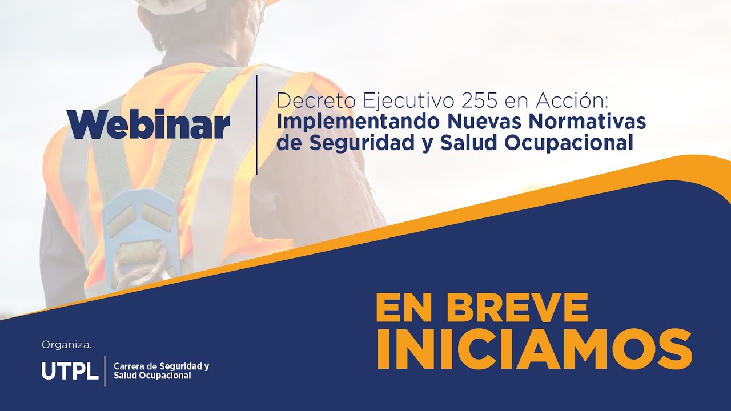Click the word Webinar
point(148,124)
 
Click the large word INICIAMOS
point(533,349)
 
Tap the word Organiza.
point(66,345)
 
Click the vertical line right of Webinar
point(257,124)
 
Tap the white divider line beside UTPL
point(105,370)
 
